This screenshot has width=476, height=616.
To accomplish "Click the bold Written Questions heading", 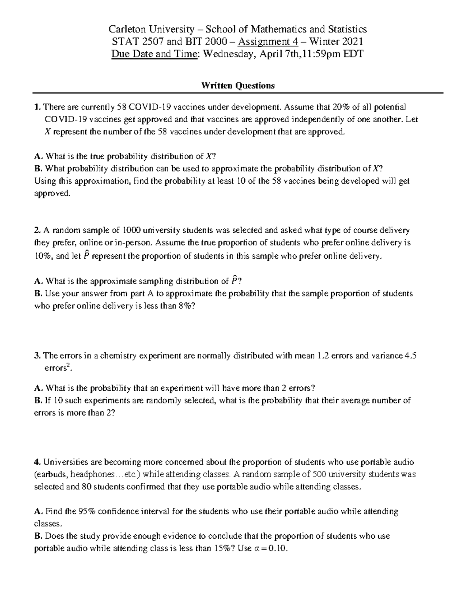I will [x=238, y=86].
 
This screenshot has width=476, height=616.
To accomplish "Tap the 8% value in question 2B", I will [x=183, y=306].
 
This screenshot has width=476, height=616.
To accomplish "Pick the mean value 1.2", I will [x=323, y=355].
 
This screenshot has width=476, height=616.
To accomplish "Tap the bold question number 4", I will [x=37, y=462].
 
